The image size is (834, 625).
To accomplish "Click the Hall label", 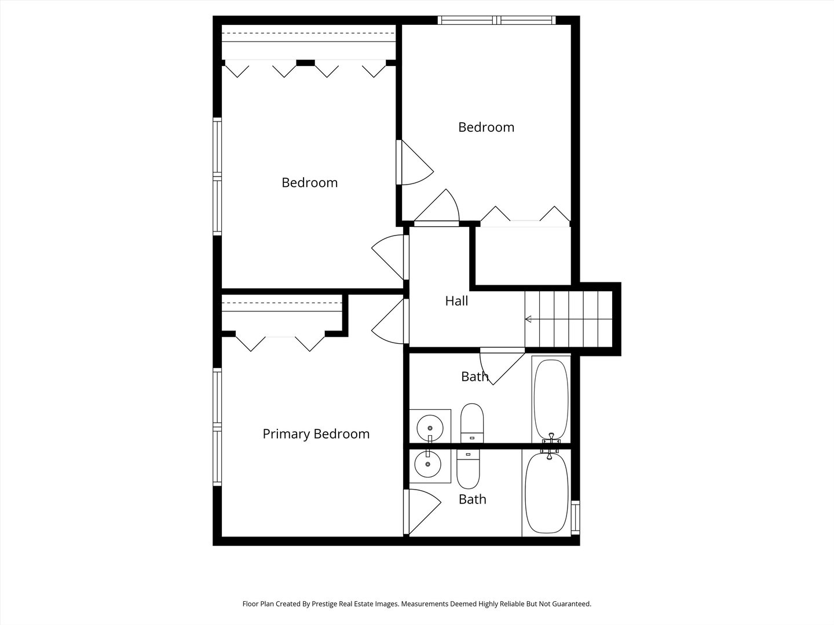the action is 456,301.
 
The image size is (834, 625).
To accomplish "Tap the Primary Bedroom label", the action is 316,434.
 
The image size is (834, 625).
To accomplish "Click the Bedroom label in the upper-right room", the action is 487,127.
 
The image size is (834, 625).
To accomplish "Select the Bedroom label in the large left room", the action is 310,182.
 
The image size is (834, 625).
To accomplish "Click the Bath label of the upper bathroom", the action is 474,376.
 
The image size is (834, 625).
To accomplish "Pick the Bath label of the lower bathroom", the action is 472,499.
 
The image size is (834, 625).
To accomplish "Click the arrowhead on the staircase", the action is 528,319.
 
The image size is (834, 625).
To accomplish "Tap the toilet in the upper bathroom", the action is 472,423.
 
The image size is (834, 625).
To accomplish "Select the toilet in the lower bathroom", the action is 468,469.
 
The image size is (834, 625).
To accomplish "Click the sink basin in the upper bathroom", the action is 430,428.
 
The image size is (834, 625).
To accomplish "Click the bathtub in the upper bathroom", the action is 551,399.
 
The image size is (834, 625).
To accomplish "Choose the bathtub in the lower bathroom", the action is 547,493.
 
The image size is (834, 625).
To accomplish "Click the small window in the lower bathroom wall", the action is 576,517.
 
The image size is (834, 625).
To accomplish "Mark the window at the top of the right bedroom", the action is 496,20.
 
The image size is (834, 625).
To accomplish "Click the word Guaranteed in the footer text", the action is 571,604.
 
